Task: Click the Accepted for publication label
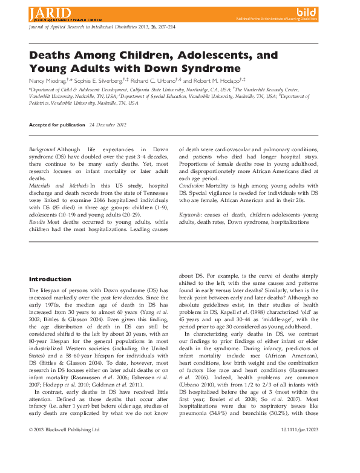pyautogui.click(x=57, y=125)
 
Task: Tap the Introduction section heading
pyautogui.click(x=50, y=279)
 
